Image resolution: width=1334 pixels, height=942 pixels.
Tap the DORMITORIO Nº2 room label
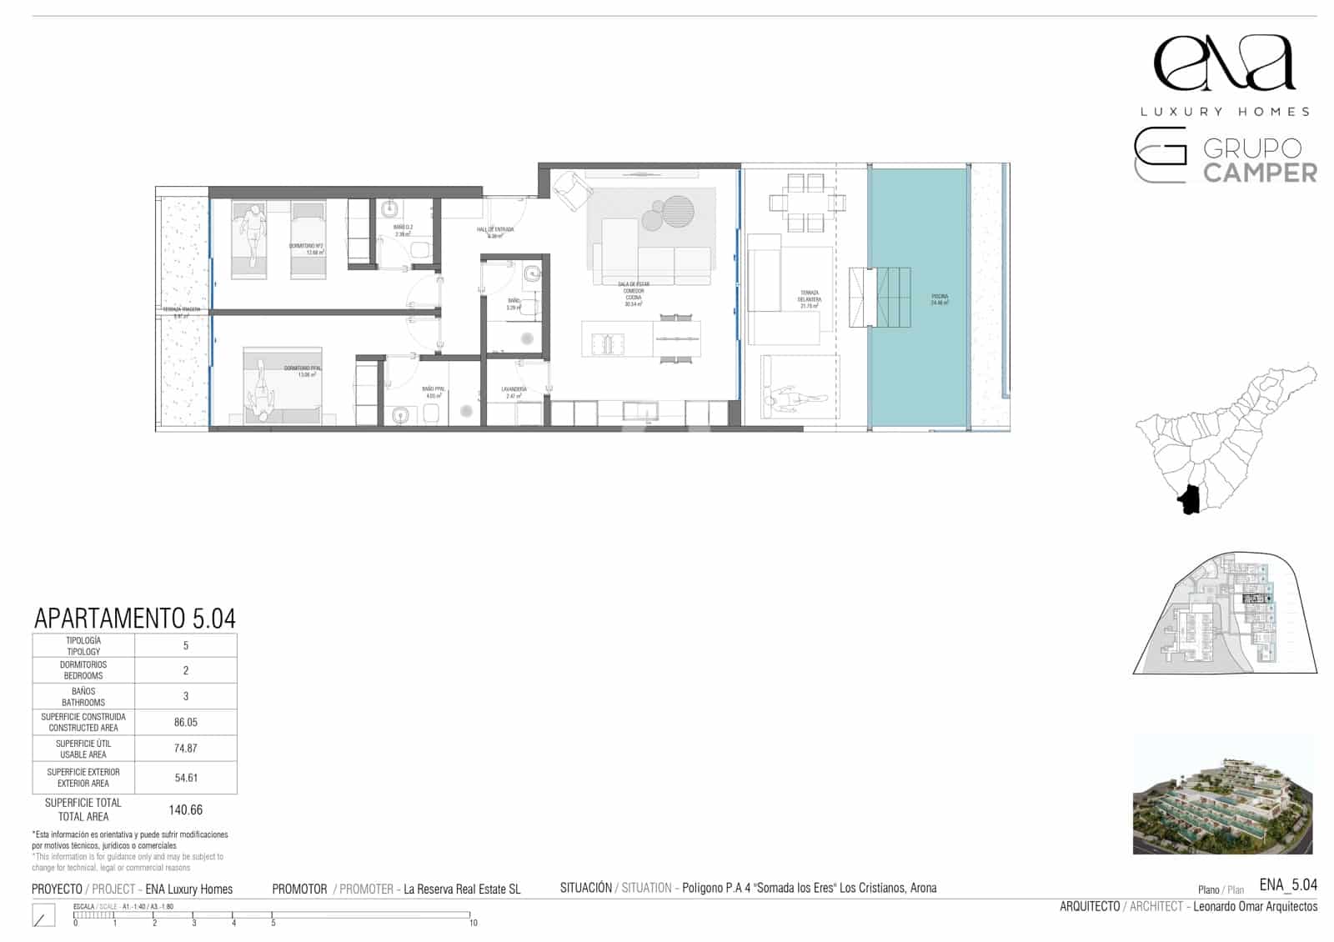(306, 248)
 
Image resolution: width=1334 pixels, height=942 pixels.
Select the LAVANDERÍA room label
(514, 393)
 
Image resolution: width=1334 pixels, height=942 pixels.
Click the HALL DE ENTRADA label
(495, 232)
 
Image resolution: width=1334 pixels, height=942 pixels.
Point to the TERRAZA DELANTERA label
(809, 299)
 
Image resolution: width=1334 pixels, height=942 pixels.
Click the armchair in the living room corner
(572, 190)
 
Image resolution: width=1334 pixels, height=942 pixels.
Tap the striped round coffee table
(678, 211)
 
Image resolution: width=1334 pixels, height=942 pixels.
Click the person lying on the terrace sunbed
(791, 401)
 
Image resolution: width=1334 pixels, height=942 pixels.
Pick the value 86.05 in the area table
(185, 723)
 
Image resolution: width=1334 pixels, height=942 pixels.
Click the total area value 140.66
(185, 809)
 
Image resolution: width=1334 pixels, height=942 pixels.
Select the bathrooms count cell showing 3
(185, 696)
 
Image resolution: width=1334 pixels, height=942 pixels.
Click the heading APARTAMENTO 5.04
(135, 619)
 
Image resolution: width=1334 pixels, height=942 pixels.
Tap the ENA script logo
(1224, 63)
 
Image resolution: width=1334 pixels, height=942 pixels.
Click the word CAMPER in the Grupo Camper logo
(1260, 173)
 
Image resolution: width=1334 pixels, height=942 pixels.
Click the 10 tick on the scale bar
(473, 923)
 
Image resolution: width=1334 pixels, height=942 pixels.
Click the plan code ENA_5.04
(1287, 885)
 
